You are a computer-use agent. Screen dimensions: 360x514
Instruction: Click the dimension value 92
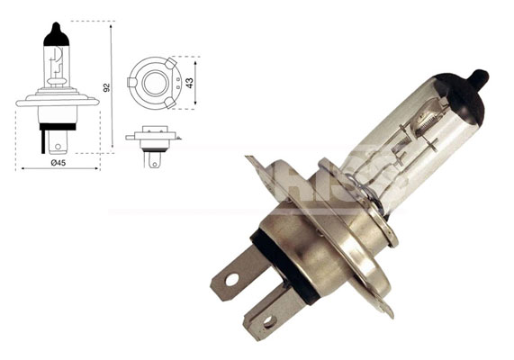[106, 87]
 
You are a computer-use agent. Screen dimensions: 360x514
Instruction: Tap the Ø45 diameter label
[57, 162]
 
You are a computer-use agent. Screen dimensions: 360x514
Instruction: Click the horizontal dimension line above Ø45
[58, 168]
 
